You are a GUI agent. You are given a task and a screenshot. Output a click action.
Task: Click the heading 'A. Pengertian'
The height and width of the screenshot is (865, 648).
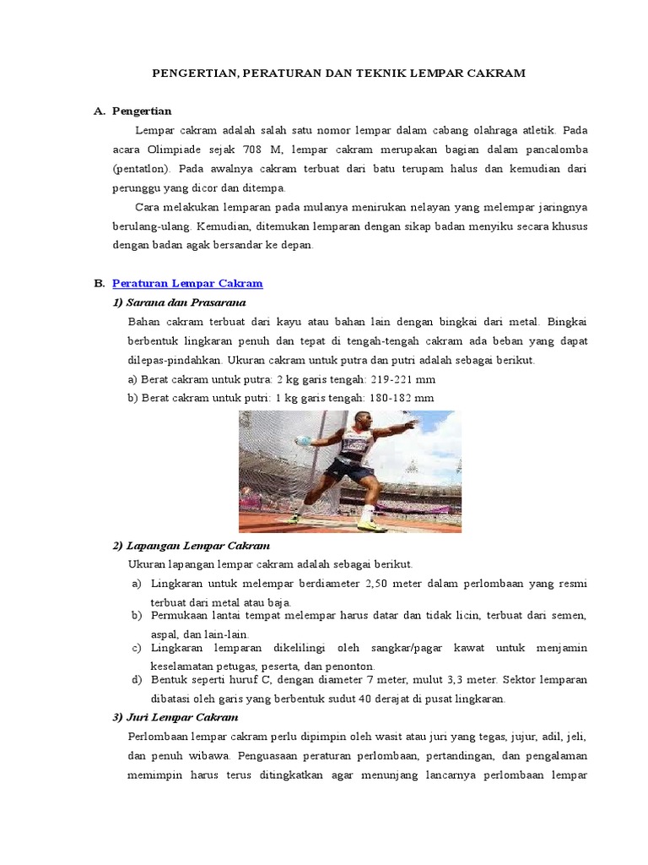pos(142,111)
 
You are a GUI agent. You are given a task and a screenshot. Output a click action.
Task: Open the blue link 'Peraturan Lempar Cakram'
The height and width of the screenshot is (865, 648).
pos(187,284)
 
